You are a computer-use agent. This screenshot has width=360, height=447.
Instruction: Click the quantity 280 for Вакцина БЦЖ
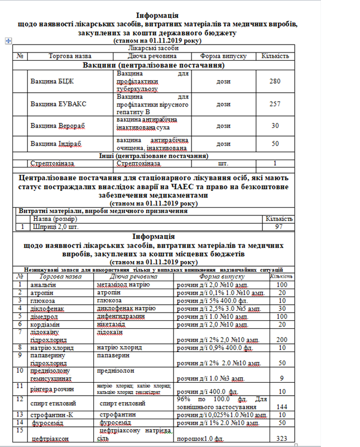pyautogui.click(x=273, y=81)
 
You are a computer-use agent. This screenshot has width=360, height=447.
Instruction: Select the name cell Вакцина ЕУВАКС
pyautogui.click(x=58, y=104)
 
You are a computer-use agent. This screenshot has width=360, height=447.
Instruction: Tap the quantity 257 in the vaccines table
pyautogui.click(x=273, y=104)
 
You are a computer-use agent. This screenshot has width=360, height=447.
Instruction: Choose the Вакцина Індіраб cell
pyautogui.click(x=56, y=143)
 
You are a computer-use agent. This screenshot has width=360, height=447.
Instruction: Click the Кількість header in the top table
pyautogui.click(x=274, y=56)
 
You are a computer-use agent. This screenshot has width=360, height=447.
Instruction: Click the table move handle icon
pyautogui.click(x=8, y=40)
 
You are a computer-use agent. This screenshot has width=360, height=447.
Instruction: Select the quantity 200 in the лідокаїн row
pyautogui.click(x=281, y=339)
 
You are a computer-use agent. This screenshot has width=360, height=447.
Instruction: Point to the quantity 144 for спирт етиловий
pyautogui.click(x=281, y=407)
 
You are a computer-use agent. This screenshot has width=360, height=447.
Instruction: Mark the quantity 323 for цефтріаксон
pyautogui.click(x=281, y=439)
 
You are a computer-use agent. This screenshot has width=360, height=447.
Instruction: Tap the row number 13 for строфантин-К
pyautogui.click(x=20, y=415)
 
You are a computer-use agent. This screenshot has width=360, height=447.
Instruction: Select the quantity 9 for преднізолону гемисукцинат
pyautogui.click(x=281, y=378)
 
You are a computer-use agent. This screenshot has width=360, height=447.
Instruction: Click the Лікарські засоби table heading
pyautogui.click(x=152, y=49)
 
